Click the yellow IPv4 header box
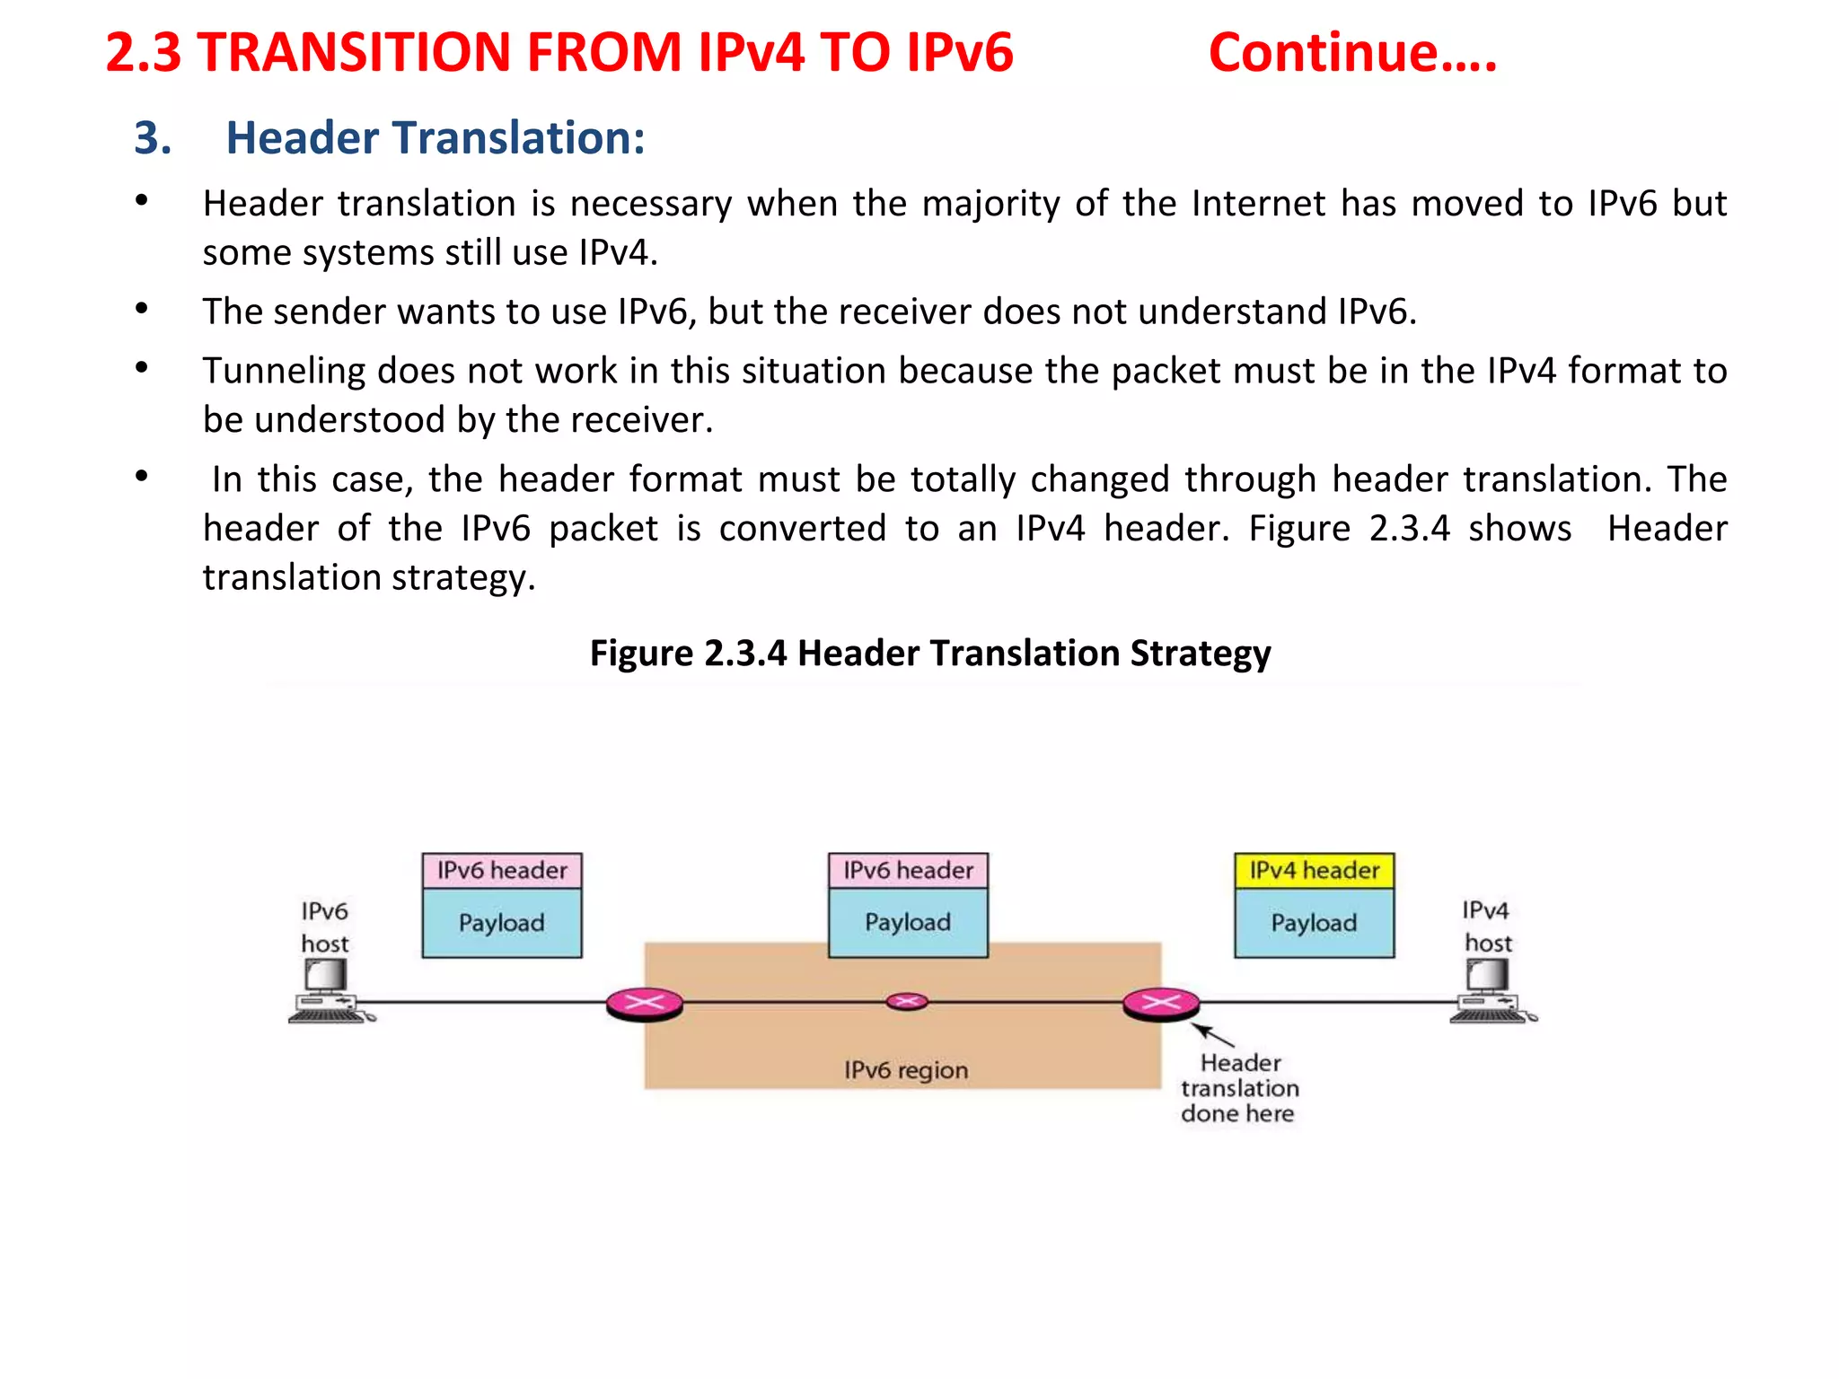point(1314,870)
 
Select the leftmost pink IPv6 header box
point(502,870)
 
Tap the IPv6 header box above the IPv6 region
point(908,870)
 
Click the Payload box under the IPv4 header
point(1314,923)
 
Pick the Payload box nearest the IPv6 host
point(502,923)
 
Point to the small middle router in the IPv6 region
point(907,1001)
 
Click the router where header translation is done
point(1161,1003)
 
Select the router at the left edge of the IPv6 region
point(644,1003)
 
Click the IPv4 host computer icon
point(1491,992)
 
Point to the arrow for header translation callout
point(1213,1036)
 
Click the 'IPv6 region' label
point(906,1070)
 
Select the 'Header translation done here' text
point(1239,1088)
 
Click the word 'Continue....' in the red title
point(1352,52)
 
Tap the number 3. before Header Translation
point(153,138)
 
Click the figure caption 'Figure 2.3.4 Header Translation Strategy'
point(929,653)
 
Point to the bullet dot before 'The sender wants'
point(141,309)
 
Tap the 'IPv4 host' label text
point(1487,927)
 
